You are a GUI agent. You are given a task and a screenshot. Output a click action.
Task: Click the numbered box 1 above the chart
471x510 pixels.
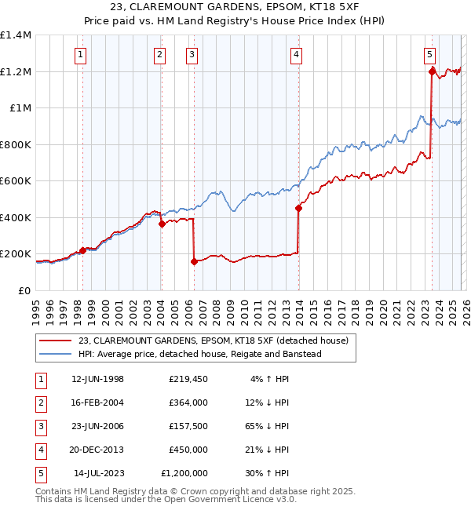(x=82, y=55)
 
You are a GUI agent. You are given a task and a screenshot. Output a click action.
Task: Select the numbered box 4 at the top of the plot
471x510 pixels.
(x=296, y=55)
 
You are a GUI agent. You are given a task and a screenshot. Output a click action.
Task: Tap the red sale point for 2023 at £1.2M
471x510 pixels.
(x=432, y=71)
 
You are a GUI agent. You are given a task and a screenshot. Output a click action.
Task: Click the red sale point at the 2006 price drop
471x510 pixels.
(x=194, y=262)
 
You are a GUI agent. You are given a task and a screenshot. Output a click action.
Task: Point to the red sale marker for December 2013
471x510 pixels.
(x=298, y=208)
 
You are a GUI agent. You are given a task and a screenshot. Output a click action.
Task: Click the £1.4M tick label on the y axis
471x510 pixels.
(x=16, y=35)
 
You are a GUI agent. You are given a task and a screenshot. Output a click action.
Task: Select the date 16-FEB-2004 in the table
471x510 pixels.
(x=97, y=403)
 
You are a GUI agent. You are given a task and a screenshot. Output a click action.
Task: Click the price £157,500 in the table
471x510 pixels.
(x=188, y=426)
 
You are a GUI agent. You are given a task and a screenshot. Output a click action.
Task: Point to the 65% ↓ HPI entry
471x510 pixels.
(x=266, y=426)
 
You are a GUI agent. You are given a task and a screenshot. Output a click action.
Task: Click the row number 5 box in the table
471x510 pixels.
(x=40, y=473)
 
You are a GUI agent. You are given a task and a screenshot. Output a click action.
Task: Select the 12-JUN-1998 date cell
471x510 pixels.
(x=97, y=379)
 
